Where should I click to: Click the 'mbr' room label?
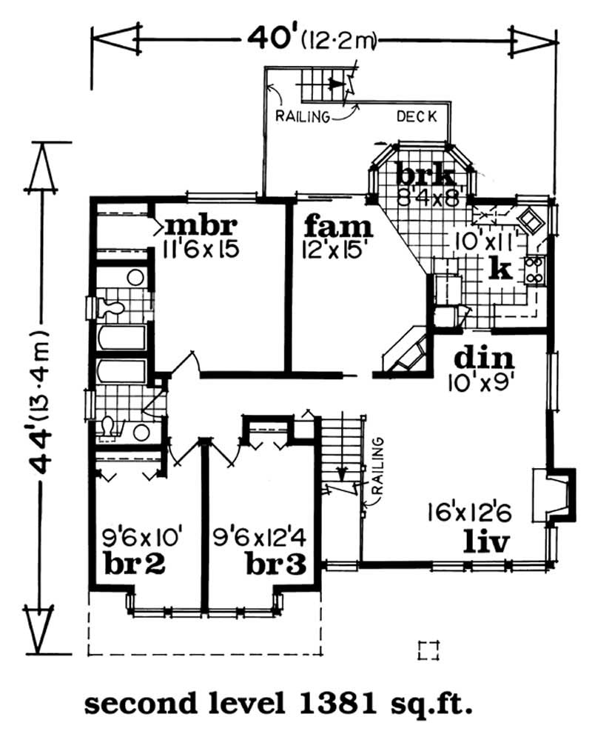199,224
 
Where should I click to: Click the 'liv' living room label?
485,542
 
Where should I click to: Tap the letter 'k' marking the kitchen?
501,268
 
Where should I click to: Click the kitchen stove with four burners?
534,270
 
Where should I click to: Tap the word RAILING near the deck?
300,116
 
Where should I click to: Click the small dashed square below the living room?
428,650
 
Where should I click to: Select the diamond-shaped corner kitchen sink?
531,220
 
